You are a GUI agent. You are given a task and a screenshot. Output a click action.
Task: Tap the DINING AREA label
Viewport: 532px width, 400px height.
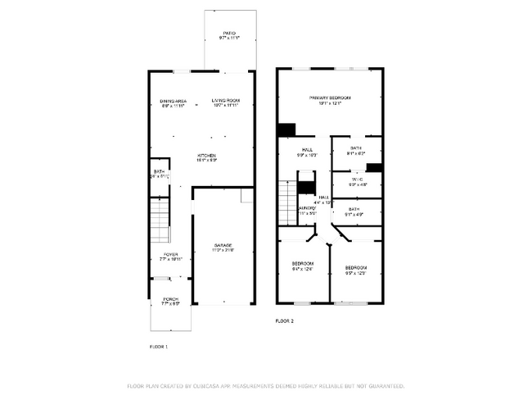click(173, 102)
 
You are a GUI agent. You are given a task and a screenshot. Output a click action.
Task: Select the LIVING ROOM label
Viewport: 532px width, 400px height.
click(225, 102)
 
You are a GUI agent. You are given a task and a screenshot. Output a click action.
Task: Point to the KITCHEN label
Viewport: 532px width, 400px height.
click(206, 157)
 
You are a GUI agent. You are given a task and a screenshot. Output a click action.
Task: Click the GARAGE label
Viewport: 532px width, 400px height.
click(223, 248)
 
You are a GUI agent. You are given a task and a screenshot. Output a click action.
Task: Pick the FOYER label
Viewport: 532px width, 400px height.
click(170, 256)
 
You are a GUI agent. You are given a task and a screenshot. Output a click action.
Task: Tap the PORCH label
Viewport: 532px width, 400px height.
click(170, 300)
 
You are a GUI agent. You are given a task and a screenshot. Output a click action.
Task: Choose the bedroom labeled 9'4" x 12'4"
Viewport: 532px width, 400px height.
click(303, 266)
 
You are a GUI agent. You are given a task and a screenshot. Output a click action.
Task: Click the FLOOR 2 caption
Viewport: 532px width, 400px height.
click(284, 320)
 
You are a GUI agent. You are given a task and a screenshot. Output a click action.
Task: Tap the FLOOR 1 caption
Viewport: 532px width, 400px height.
click(158, 347)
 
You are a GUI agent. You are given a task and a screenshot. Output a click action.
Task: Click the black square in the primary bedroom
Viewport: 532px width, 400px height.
click(286, 130)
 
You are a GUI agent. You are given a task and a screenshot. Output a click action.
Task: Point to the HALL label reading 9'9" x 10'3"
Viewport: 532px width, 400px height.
click(308, 152)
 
